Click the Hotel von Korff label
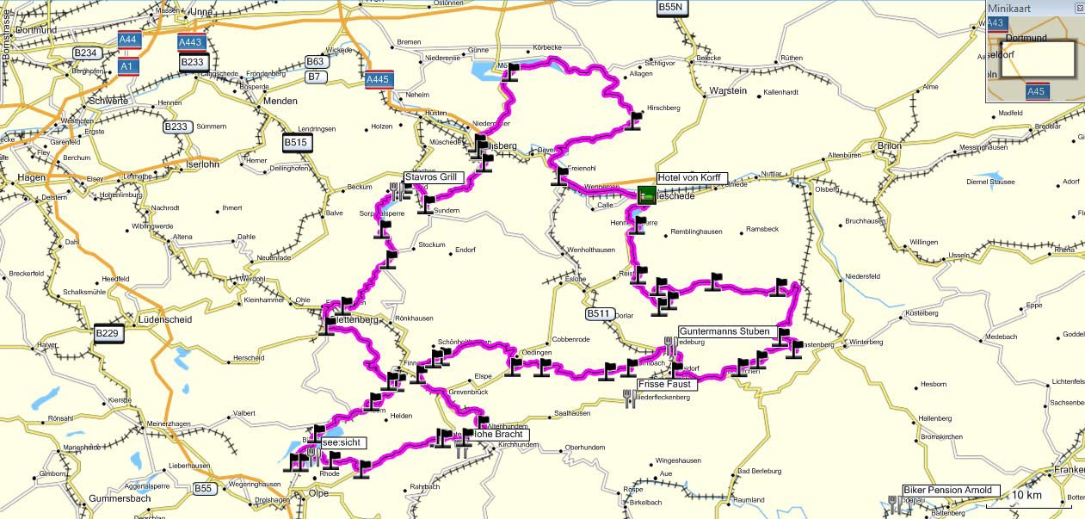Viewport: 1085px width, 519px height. point(692,178)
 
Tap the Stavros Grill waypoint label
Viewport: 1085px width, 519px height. point(433,177)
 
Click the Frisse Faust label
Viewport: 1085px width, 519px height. point(667,385)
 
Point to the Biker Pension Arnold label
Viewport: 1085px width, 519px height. point(951,491)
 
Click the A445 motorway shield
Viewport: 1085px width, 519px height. point(379,79)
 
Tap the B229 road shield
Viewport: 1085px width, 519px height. point(107,333)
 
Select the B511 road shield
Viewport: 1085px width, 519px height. point(599,314)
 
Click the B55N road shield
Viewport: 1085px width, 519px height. point(670,7)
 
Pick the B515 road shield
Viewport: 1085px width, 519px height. point(296,143)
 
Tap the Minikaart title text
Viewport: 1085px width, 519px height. point(1008,8)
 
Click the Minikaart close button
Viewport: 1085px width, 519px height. point(1079,8)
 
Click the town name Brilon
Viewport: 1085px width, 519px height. point(890,146)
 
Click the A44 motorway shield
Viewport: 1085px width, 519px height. point(128,40)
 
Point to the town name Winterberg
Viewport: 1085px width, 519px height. point(866,343)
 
